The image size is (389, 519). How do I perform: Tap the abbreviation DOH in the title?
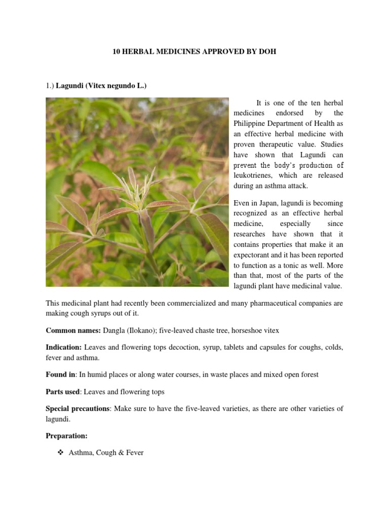coord(267,52)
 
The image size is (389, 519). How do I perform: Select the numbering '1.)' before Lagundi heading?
coord(50,86)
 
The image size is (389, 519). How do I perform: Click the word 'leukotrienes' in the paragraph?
coord(254,175)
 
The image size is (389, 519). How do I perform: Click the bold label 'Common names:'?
coord(73,330)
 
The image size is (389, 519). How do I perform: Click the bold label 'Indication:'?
coord(64,348)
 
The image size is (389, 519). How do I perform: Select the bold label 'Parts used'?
coord(63,392)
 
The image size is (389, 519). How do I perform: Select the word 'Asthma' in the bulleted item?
coord(80,452)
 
